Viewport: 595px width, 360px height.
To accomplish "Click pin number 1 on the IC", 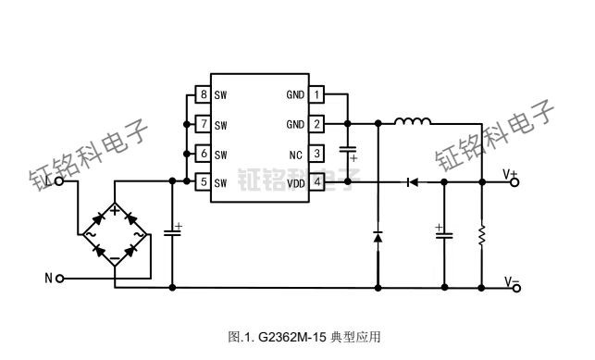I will pos(317,94).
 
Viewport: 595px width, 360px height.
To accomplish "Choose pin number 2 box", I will pos(317,124).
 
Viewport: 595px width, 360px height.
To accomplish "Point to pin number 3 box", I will pos(317,154).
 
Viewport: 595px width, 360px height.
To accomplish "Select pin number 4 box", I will pos(317,183).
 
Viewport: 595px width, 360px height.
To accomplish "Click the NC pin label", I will pos(296,154).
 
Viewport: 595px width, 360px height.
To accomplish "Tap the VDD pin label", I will pos(295,183).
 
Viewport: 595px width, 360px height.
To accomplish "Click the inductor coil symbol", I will pos(413,120).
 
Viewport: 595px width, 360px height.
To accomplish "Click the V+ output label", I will pos(511,173).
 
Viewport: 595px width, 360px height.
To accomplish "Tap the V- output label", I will pos(511,281).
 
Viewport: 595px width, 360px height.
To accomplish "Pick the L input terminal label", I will pos(48,182).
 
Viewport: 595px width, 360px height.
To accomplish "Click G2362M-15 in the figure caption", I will pos(291,337).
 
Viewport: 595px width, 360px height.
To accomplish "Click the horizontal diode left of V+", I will pos(408,183).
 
